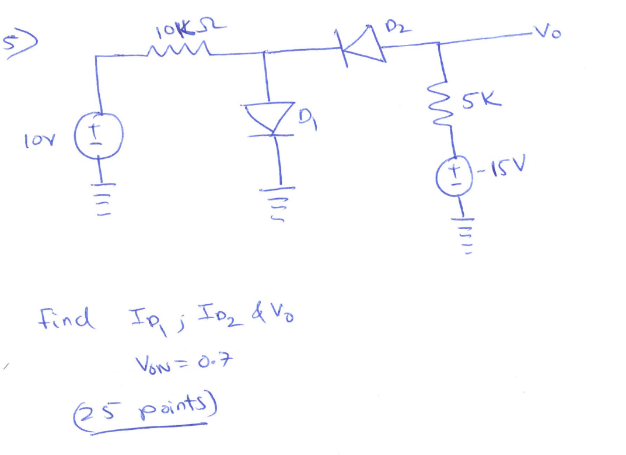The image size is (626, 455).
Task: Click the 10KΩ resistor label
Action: [188, 28]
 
